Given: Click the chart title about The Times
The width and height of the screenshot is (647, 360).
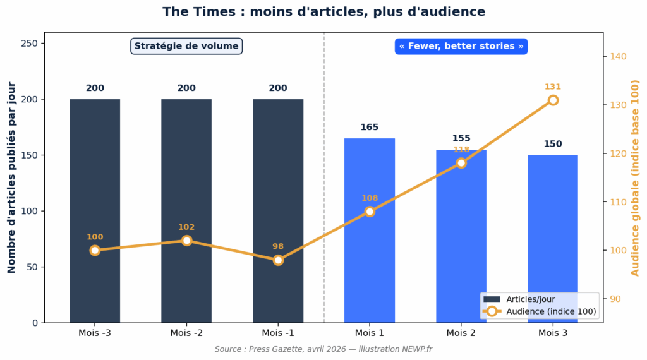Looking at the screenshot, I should (323, 12).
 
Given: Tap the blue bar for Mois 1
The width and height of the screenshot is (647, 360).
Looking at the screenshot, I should (370, 265).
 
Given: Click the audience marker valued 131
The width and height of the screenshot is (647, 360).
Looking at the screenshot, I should (553, 100).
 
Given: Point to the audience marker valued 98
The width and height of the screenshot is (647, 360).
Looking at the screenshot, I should (278, 260).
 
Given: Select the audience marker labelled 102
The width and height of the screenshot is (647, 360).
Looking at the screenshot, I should (186, 241).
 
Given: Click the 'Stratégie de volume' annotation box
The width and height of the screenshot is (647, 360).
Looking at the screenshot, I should (186, 46).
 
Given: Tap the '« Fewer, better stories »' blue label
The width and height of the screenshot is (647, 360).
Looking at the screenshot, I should (461, 46).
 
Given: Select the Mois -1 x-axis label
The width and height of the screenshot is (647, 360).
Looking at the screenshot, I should (278, 333).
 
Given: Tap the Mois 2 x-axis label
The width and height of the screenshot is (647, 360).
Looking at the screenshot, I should (461, 333).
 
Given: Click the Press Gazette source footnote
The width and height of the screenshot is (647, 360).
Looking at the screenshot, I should (323, 349).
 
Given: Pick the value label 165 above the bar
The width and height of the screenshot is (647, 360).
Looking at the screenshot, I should (370, 128).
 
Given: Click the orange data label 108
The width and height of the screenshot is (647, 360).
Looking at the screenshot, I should (370, 198).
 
